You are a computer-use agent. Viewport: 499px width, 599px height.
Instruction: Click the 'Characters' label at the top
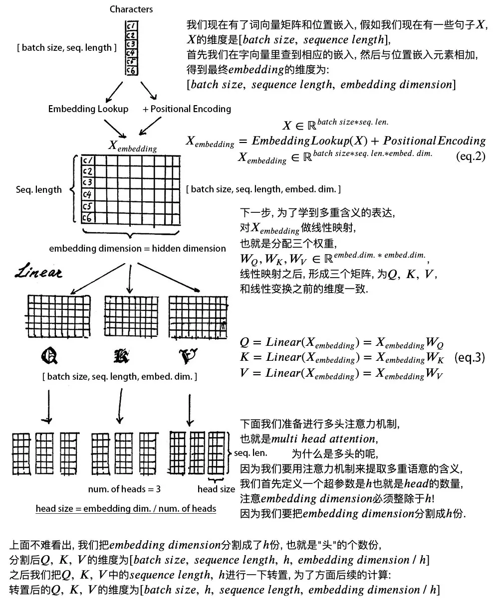click(131, 9)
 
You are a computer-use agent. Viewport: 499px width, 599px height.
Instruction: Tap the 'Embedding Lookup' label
click(88, 109)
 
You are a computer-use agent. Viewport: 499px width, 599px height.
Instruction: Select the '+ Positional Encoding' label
click(187, 109)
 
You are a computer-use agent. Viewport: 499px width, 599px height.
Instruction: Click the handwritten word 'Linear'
click(39, 272)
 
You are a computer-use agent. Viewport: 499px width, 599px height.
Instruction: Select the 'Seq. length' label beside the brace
click(39, 189)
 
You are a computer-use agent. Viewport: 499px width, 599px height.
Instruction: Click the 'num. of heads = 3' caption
click(124, 489)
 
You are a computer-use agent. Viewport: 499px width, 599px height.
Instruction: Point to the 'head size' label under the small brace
click(216, 489)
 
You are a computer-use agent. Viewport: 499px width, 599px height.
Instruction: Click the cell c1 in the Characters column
click(131, 26)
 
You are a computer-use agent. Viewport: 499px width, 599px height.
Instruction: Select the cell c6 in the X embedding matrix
click(88, 218)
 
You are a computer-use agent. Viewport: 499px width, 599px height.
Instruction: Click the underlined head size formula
click(126, 508)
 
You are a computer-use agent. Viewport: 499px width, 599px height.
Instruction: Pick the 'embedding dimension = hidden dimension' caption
click(137, 248)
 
